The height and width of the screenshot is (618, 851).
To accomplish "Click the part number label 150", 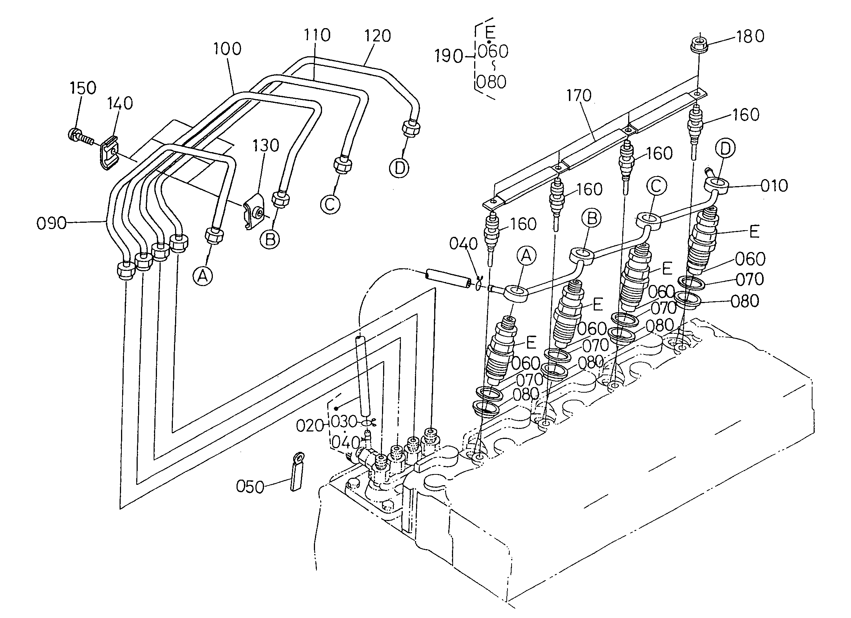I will click(83, 88).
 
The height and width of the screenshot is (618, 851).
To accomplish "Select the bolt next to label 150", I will click(80, 137).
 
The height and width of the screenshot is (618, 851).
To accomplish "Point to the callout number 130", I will click(266, 145).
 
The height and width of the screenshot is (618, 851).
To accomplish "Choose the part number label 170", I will click(579, 96).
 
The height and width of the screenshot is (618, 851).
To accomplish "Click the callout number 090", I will click(51, 223).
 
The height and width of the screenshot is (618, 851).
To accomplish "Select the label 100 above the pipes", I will click(227, 49).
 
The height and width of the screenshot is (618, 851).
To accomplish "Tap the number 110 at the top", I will click(317, 35).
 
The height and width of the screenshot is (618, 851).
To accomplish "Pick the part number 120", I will click(377, 36).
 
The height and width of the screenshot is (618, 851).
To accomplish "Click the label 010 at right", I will click(774, 186).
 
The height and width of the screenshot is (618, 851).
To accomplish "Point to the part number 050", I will click(250, 487).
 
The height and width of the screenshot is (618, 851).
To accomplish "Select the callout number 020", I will click(309, 426).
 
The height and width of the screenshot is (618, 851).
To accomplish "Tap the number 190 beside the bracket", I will click(449, 56).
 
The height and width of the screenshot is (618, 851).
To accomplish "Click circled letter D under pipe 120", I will click(399, 167).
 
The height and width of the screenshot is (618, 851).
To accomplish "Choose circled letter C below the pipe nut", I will click(330, 205).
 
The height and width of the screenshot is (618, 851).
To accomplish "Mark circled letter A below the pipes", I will click(202, 276).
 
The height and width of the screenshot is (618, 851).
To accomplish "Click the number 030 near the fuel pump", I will click(344, 421).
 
